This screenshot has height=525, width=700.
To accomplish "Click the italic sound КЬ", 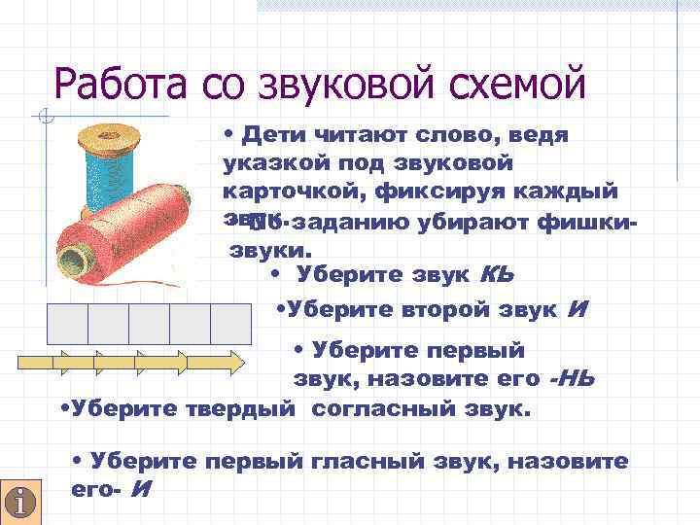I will point(496,274).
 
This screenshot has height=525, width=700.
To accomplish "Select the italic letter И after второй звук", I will point(576,310).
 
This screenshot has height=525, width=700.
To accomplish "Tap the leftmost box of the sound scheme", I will point(67,323).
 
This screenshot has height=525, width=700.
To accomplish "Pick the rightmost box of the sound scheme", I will point(230,323).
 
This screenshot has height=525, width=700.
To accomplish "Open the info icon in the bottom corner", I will point(19,501).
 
